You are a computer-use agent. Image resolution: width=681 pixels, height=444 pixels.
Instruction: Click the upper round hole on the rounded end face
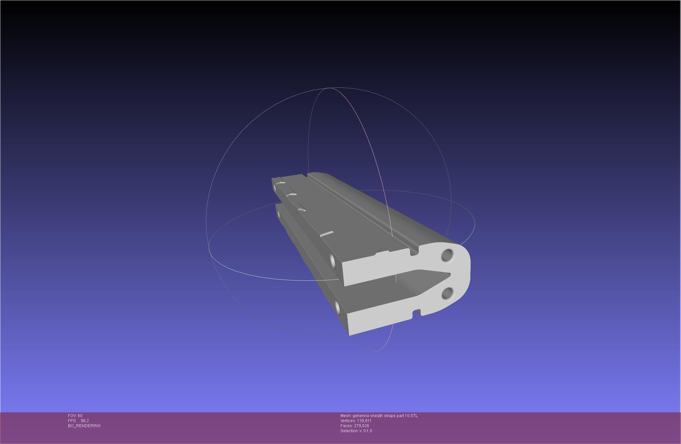(448, 255)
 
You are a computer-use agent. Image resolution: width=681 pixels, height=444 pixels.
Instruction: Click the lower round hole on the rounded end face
(447, 294)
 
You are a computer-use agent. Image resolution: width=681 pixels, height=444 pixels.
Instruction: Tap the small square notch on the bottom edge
(417, 312)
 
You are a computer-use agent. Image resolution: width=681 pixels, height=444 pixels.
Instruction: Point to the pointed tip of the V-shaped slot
(449, 274)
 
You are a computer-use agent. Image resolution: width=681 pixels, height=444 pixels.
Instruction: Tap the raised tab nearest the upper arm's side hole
(326, 233)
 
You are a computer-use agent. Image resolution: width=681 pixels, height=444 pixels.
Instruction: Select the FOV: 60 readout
(75, 416)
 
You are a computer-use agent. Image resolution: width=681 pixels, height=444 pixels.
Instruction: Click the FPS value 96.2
(85, 421)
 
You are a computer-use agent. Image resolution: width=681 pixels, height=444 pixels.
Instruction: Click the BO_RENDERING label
(84, 426)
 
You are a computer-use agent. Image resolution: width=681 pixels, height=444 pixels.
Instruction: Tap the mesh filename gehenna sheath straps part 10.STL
(385, 416)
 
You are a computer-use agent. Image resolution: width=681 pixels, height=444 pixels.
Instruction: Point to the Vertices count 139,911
(364, 421)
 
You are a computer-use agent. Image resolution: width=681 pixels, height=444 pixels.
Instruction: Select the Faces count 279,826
(361, 426)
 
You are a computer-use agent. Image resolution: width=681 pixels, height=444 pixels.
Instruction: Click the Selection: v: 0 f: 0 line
(356, 431)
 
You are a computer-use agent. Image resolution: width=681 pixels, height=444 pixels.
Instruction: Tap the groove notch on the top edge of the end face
(415, 251)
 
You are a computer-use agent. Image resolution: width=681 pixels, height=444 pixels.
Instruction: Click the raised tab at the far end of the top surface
(281, 183)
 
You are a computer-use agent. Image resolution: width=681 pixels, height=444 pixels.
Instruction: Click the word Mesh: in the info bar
(346, 416)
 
